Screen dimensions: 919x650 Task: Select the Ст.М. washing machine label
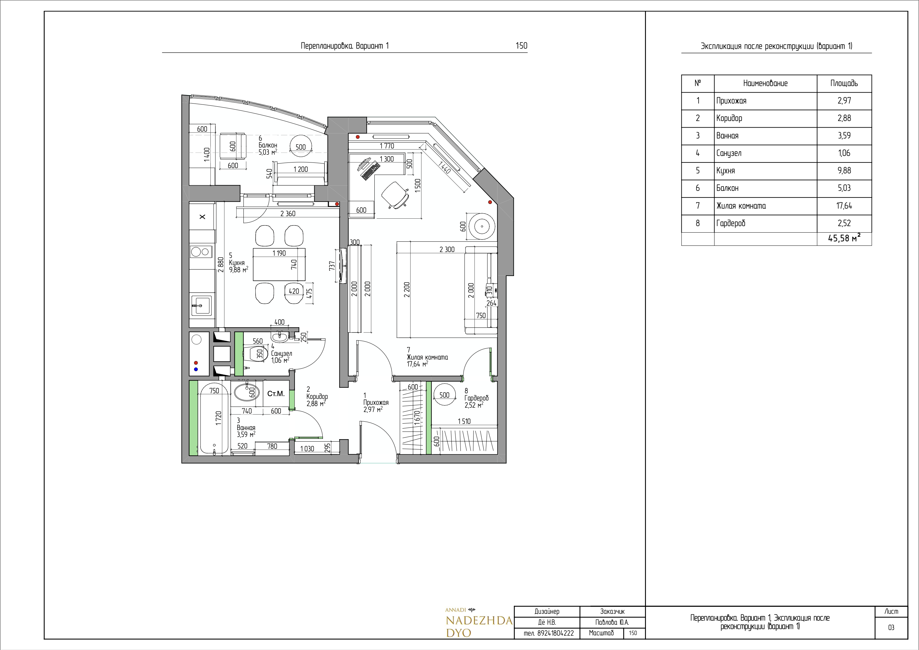pos(276,394)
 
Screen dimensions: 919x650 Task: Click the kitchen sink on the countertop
pos(201,306)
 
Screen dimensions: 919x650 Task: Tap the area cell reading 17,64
pos(844,206)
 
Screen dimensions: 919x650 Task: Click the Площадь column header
pos(844,83)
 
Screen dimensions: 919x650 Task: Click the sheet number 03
pos(891,628)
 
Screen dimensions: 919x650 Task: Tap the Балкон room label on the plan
pos(268,145)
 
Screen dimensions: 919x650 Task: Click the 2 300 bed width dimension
pos(447,250)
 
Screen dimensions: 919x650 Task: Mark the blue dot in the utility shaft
pos(196,369)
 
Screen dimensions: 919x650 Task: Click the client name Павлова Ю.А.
pos(612,622)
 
